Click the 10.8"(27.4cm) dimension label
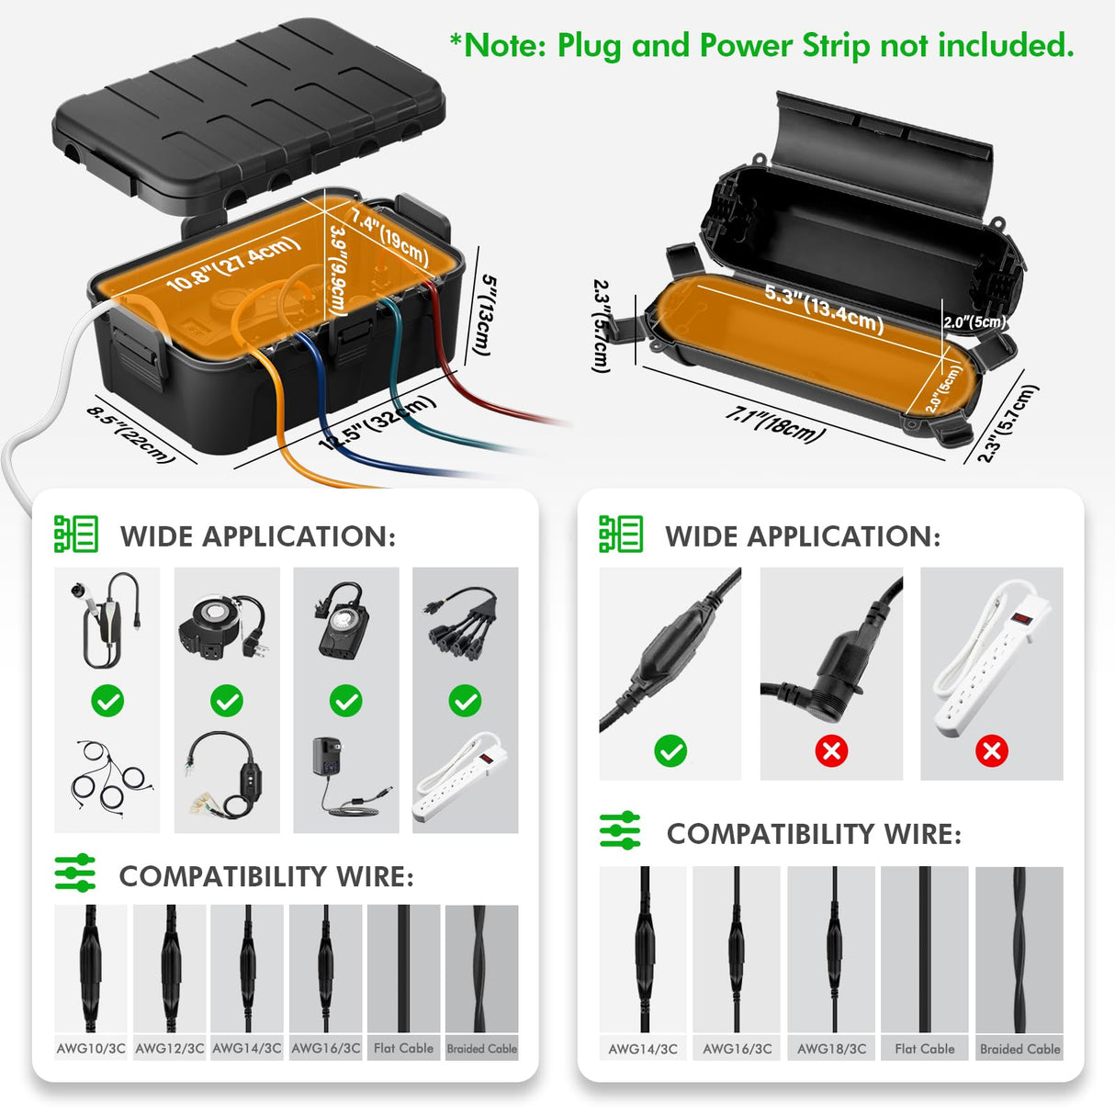click(x=233, y=263)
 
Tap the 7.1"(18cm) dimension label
click(x=775, y=424)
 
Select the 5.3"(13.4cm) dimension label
click(x=824, y=308)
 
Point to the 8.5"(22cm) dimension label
click(x=130, y=434)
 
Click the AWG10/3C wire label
click(x=91, y=1048)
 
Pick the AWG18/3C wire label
click(x=831, y=1049)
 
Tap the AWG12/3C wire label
click(x=170, y=1048)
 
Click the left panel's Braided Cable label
click(x=481, y=1048)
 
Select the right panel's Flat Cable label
click(x=925, y=1049)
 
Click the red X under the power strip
click(x=992, y=751)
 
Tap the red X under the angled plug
click(x=831, y=751)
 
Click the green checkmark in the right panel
click(x=670, y=751)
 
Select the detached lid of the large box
click(x=248, y=110)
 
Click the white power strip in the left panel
click(x=464, y=776)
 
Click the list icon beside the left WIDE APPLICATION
click(x=76, y=535)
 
